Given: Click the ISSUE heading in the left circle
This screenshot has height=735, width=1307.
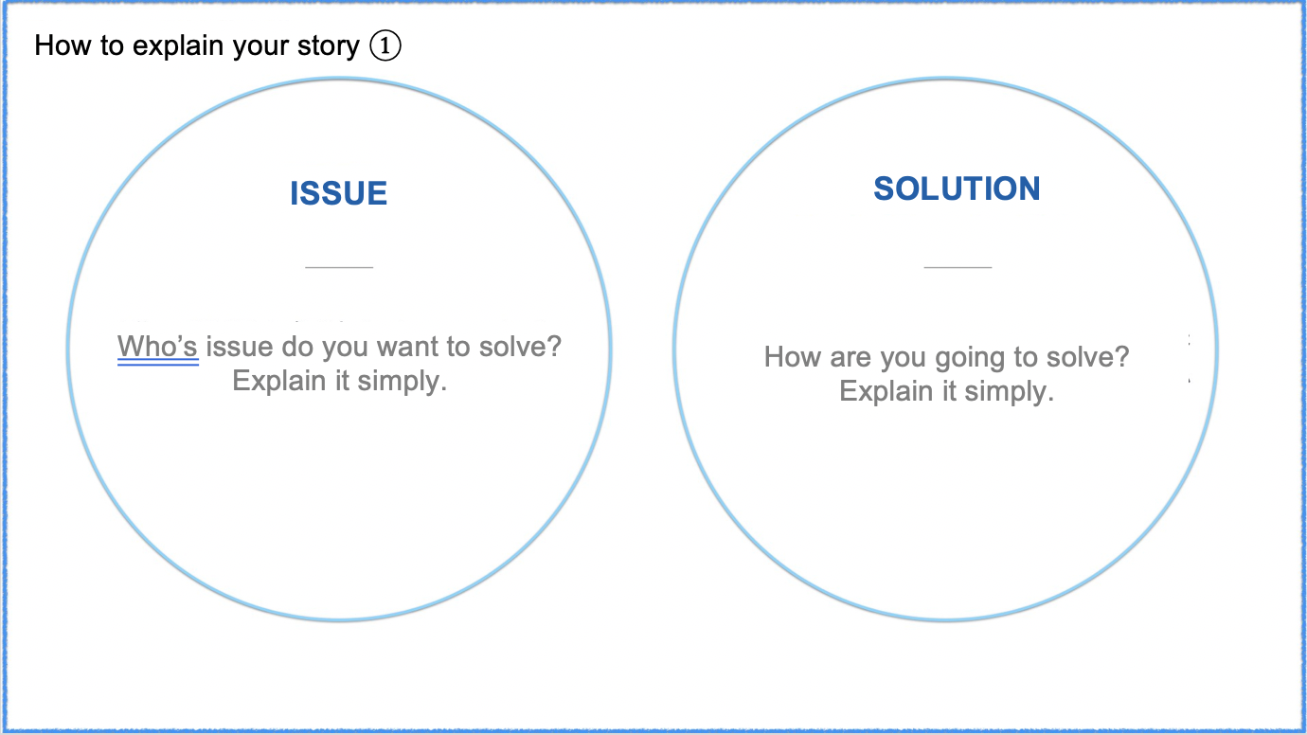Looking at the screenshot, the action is [x=338, y=193].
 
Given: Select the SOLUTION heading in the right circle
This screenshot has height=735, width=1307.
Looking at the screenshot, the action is [x=957, y=188].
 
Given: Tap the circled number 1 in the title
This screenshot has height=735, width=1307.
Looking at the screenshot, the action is [x=385, y=46].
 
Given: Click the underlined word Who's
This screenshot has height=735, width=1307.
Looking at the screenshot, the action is [x=157, y=347].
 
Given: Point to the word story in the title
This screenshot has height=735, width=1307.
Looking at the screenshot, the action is [x=329, y=46].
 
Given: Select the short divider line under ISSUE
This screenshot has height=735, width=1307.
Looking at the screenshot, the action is [x=339, y=267].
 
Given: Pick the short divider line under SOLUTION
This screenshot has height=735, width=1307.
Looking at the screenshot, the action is [x=958, y=267].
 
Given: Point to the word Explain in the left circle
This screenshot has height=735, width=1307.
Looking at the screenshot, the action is [x=279, y=382].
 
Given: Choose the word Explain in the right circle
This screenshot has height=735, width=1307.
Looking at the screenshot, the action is [x=886, y=392].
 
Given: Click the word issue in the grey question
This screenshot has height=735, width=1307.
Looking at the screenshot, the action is [x=240, y=347].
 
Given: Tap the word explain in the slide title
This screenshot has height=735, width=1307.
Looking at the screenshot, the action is [x=178, y=46].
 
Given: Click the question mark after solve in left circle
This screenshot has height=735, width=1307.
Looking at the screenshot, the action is [x=554, y=346].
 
